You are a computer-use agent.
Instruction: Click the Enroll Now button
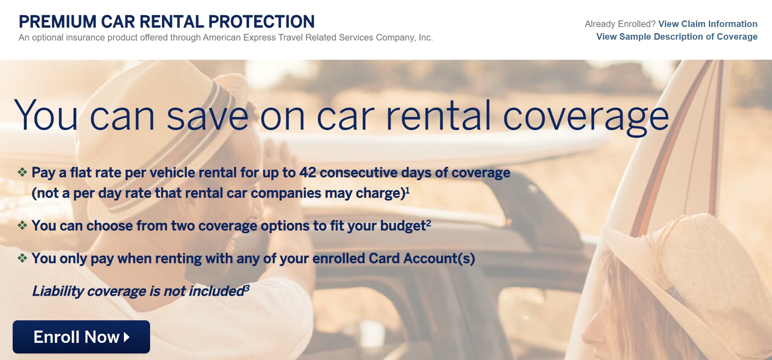81,337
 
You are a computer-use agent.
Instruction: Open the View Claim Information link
708,24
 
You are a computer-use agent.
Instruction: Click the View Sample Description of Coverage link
677,36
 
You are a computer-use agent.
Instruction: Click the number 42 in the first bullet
307,172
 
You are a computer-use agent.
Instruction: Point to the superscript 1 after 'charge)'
407,190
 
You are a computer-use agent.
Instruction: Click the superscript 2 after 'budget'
429,223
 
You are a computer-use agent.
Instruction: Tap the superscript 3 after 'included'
247,288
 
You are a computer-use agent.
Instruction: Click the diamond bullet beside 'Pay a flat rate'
22,172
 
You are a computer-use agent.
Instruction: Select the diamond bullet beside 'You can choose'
22,225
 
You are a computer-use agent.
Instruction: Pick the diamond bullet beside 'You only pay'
22,258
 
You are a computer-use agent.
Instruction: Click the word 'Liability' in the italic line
58,291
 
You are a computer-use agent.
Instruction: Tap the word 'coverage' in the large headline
586,117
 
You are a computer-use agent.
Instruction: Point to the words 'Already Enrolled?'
620,24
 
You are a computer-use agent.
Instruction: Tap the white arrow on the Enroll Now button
127,337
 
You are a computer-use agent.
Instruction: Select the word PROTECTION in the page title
261,22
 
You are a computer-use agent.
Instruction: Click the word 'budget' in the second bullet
403,226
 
